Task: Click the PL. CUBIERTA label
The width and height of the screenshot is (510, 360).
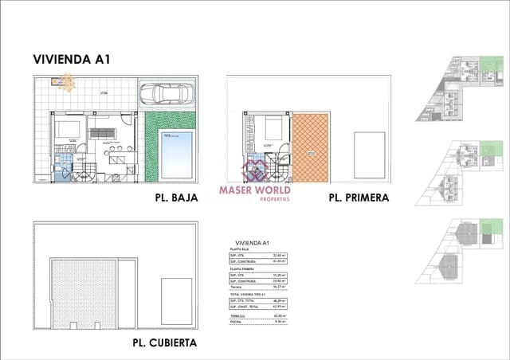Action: [164, 343]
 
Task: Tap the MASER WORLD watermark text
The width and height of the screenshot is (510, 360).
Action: [254, 190]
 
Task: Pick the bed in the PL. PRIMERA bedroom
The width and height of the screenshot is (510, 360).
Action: [273, 128]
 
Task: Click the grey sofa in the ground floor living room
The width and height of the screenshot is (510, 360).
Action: [100, 132]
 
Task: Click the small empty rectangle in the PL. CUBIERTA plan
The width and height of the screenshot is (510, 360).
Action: [177, 295]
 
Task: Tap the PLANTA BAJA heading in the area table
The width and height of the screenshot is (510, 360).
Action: [238, 249]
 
